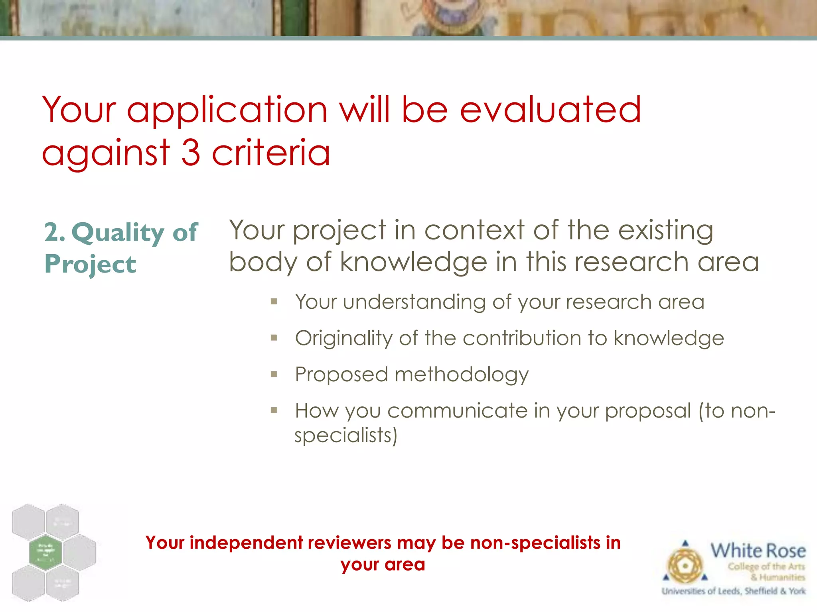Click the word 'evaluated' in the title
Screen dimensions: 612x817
[550, 110]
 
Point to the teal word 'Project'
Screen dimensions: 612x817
[90, 265]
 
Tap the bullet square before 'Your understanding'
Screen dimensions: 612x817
[274, 302]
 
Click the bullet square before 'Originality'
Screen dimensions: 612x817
[274, 338]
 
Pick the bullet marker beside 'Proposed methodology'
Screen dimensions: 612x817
[274, 374]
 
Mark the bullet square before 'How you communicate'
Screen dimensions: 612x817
[274, 410]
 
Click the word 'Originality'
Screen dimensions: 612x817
[343, 339]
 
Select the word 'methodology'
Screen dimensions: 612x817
[462, 375]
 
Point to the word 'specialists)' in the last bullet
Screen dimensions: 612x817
[346, 435]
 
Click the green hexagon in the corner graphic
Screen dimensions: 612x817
[45, 552]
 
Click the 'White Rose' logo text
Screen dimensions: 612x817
[758, 551]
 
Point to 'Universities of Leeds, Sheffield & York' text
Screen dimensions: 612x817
[734, 591]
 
